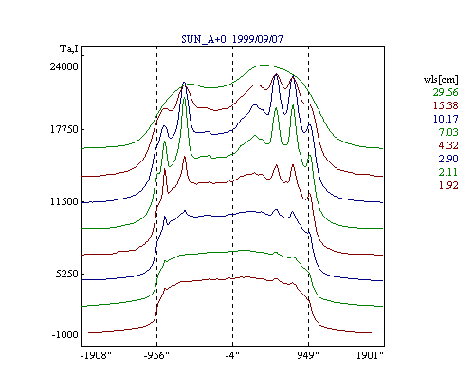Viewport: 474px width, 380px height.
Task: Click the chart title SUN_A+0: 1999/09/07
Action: tap(232, 39)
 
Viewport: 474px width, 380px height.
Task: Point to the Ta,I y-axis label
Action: tap(69, 49)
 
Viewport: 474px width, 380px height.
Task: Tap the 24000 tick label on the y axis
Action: tap(64, 66)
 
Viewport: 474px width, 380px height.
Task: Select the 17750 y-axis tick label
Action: tap(64, 129)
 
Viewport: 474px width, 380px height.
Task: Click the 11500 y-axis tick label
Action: tap(64, 201)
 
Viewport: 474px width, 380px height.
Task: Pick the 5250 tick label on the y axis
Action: tap(67, 274)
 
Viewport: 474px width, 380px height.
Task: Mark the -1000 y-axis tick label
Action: tap(64, 334)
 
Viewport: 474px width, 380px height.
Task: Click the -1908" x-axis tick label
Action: tap(96, 355)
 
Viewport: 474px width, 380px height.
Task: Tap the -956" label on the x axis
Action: tap(156, 355)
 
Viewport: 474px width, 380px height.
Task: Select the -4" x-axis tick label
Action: tap(232, 355)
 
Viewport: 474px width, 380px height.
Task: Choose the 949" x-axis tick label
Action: tap(308, 355)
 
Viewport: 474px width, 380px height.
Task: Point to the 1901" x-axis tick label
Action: tap(370, 355)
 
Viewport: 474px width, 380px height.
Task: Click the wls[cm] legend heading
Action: tap(441, 79)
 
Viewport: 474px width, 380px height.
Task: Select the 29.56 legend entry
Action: tap(446, 92)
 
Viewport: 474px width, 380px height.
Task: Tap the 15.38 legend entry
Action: tap(446, 105)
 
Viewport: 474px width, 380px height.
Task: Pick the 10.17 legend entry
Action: tap(446, 119)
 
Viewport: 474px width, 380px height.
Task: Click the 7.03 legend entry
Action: tap(448, 132)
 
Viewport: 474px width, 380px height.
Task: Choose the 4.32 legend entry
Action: tap(448, 145)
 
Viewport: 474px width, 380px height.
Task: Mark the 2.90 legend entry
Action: tap(448, 159)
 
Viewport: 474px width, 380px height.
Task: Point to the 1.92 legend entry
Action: tap(448, 185)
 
